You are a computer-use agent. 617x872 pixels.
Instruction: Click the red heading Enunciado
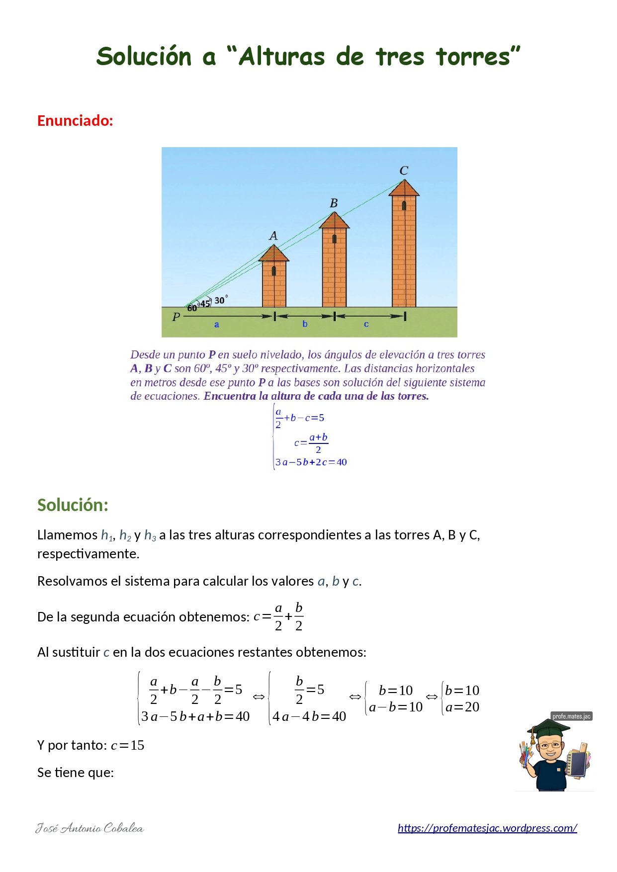75,121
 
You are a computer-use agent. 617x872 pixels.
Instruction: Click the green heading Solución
73,505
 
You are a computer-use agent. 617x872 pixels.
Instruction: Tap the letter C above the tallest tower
404,171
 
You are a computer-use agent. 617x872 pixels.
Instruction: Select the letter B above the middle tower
334,203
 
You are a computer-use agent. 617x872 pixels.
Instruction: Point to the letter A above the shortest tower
273,236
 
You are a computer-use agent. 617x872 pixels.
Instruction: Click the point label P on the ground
176,317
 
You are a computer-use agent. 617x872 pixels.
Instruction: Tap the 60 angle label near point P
191,308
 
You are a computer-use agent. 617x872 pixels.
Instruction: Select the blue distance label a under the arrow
216,325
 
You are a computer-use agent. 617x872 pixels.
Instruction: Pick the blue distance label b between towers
305,324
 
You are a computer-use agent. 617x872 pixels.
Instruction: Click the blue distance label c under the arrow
366,324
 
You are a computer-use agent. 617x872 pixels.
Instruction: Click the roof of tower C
404,188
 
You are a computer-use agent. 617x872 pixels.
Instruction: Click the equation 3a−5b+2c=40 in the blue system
311,462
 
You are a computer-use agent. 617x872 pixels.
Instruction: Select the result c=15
128,745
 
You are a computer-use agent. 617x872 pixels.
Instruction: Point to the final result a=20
462,707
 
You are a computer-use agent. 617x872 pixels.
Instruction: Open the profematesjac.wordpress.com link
487,828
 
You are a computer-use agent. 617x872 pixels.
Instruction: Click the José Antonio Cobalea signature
89,828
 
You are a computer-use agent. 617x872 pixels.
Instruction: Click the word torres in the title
478,56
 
